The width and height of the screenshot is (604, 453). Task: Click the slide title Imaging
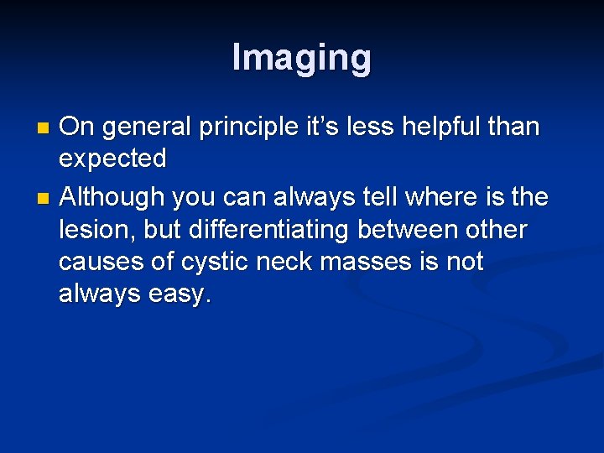click(x=301, y=58)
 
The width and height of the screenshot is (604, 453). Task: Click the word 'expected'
click(x=112, y=159)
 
